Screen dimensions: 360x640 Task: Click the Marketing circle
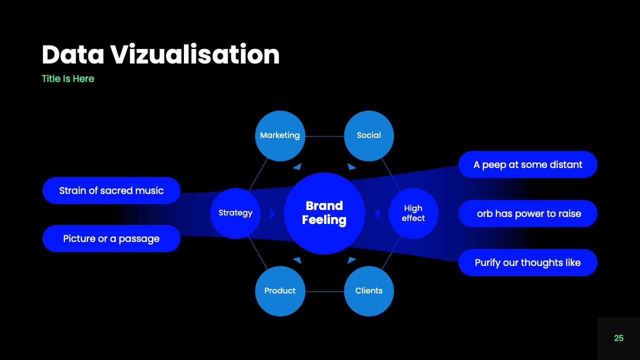coord(280,135)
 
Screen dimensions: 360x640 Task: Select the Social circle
coord(369,135)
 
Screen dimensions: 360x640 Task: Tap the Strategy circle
coord(235,213)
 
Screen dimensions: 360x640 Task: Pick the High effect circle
coord(413,213)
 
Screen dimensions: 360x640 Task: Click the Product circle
coord(280,291)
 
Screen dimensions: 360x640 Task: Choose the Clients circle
coord(369,291)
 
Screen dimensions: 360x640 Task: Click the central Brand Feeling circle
coord(324,213)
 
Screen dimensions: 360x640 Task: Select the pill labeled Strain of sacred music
coord(111,190)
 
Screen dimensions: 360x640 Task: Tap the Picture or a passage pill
coord(111,238)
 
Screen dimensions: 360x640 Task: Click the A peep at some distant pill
coord(527,164)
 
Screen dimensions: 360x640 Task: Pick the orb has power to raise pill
coord(527,213)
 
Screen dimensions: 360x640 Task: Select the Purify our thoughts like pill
coord(527,262)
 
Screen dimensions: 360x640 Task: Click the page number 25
coord(618,338)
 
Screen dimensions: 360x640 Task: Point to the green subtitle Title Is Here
coord(68,78)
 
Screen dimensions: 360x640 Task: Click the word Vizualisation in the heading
coord(195,54)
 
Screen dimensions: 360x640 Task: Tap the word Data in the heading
coord(72,54)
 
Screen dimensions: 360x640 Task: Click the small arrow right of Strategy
coord(272,214)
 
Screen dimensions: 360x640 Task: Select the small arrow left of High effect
coord(377,214)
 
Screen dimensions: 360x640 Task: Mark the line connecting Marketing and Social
coord(324,136)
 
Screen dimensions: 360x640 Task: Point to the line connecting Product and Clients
coord(324,291)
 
